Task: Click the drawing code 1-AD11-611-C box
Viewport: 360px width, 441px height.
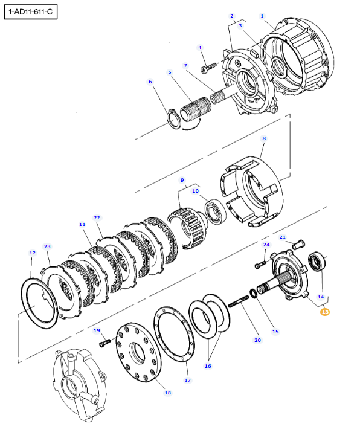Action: (x=30, y=12)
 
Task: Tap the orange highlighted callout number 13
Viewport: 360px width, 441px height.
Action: (x=325, y=312)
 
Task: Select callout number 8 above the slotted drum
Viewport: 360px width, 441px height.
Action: (x=264, y=138)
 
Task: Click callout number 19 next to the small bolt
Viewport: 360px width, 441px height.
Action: (x=97, y=330)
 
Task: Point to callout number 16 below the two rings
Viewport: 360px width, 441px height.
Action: (x=208, y=366)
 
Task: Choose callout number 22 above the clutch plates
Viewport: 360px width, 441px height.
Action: (x=97, y=217)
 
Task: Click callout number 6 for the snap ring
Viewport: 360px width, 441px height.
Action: (x=150, y=82)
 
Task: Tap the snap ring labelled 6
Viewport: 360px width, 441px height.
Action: (x=173, y=119)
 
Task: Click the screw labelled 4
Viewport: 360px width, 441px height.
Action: (x=208, y=68)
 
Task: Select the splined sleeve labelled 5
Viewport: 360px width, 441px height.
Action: (x=196, y=109)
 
